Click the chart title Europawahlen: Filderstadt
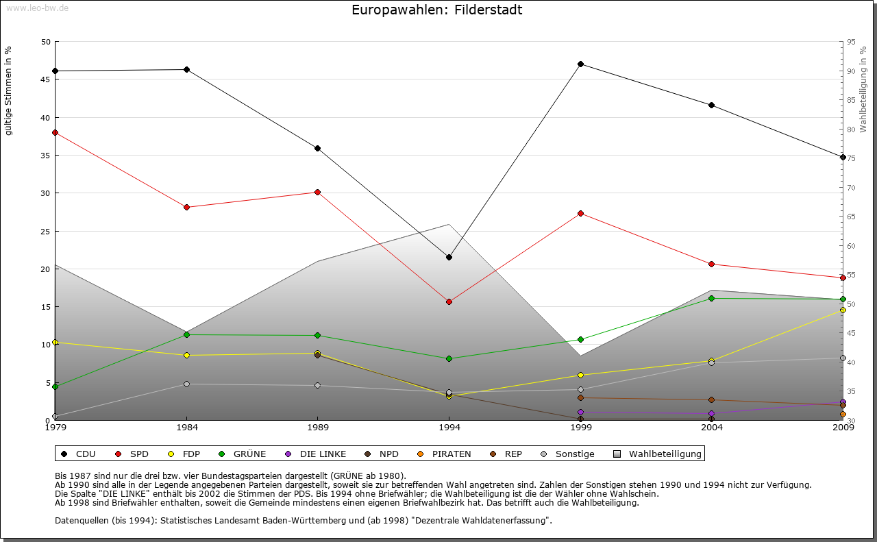point(436,10)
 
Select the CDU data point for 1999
point(580,64)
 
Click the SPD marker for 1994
point(449,301)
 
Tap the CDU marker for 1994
point(449,257)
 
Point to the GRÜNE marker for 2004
point(712,298)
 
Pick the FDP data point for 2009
point(843,310)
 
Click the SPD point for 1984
point(186,207)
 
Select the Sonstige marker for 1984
point(186,384)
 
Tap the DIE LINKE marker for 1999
point(580,412)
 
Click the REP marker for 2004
point(712,399)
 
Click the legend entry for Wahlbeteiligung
point(658,454)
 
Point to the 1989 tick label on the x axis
point(318,428)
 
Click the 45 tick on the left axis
point(46,79)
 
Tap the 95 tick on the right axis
point(851,42)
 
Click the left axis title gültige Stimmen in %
point(9,90)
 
